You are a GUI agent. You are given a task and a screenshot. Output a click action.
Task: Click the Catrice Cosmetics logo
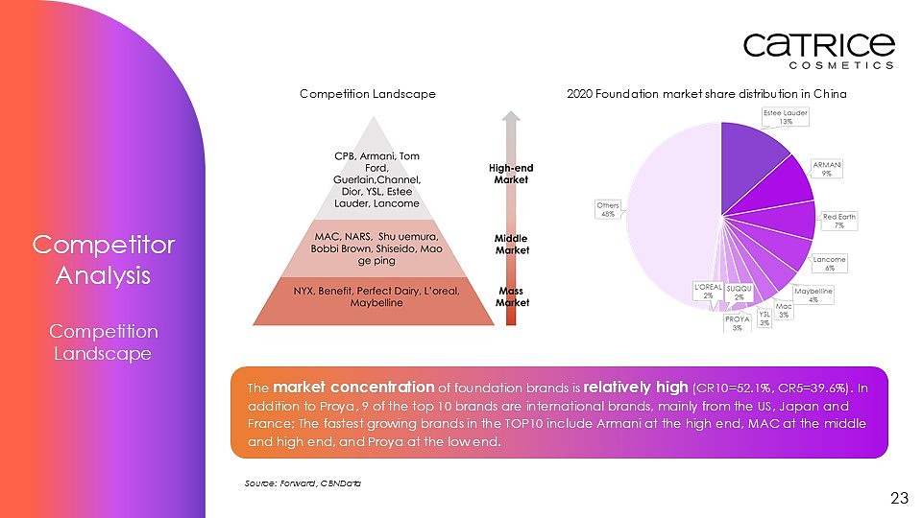tap(819, 51)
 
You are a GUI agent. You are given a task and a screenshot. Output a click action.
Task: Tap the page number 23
tap(899, 498)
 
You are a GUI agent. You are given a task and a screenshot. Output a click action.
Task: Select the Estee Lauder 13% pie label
tap(786, 117)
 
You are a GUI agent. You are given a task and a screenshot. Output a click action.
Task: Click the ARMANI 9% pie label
tap(827, 169)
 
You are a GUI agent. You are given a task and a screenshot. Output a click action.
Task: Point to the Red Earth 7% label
tap(839, 221)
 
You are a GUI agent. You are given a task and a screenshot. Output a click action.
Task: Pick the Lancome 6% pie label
tap(829, 264)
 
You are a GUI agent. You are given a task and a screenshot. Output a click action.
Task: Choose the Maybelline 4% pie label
tap(813, 294)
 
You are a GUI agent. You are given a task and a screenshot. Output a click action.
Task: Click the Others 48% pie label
tap(608, 210)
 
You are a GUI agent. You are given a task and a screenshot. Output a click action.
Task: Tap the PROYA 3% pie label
tap(737, 323)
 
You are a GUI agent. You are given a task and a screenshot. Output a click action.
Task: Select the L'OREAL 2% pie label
tap(708, 292)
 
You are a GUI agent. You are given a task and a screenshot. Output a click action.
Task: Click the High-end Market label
tap(511, 174)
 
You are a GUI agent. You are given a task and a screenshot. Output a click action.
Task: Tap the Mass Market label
tap(512, 296)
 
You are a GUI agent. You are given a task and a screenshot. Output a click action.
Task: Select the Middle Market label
tap(512, 245)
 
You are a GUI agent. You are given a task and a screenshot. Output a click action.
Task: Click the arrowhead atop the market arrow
tap(511, 116)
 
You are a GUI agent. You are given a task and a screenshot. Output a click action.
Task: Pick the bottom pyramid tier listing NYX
tap(374, 300)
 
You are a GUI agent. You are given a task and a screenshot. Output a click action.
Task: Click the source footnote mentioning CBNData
tap(303, 483)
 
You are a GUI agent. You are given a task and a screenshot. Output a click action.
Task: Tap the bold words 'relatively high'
tap(636, 387)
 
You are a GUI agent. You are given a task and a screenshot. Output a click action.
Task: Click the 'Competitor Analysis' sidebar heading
tap(103, 260)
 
